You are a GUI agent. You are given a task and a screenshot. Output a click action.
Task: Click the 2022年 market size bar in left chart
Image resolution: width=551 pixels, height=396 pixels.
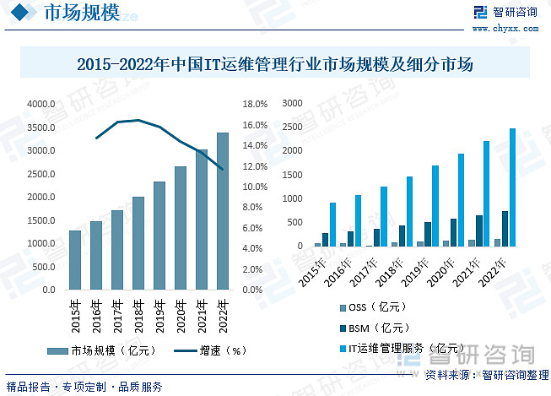(x=223, y=211)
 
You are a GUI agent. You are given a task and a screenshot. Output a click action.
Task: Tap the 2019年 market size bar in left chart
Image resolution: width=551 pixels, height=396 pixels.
(x=159, y=236)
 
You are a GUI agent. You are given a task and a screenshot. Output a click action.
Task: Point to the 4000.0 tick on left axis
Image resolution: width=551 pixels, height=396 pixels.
(x=41, y=104)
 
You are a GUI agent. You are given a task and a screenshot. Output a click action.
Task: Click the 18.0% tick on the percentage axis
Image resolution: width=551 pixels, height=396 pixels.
(x=254, y=105)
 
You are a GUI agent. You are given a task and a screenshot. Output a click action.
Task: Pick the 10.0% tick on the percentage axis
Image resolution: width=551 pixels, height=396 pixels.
(x=254, y=187)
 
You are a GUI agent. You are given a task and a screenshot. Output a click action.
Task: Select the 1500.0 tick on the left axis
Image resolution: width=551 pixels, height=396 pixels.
(x=41, y=220)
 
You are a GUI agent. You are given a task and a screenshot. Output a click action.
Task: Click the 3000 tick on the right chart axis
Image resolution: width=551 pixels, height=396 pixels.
(x=292, y=104)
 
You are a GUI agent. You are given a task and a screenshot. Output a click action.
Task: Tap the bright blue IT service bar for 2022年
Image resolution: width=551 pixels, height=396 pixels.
(x=512, y=187)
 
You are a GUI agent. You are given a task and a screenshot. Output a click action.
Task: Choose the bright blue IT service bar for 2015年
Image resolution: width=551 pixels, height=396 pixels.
(x=332, y=225)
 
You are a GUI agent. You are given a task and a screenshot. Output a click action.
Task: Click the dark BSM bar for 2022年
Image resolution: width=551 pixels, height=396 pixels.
(x=505, y=229)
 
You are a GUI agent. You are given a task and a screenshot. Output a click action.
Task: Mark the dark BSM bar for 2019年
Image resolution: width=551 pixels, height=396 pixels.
(x=428, y=234)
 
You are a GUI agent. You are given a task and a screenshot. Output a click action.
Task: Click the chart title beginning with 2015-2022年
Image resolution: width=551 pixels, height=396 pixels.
(x=275, y=64)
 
